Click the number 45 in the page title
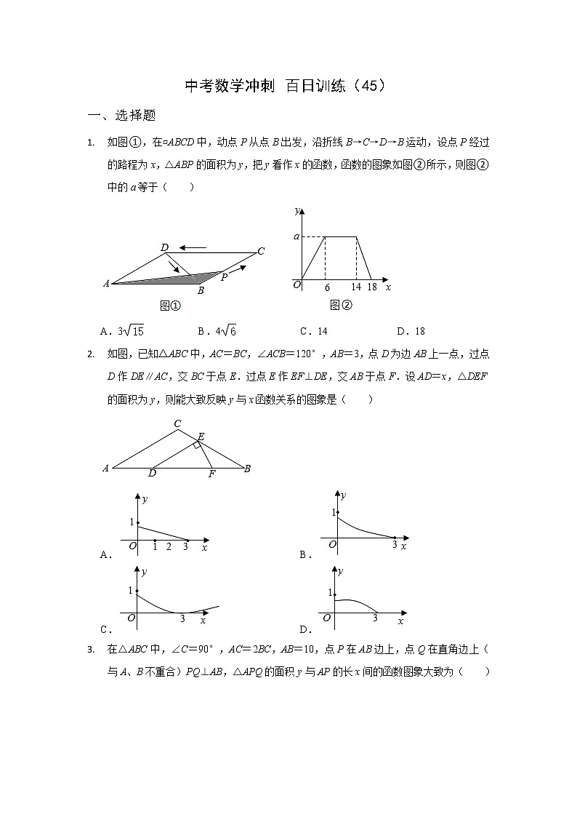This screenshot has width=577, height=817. tap(369, 86)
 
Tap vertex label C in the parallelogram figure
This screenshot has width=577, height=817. tap(260, 252)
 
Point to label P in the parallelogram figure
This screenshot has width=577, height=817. tap(225, 277)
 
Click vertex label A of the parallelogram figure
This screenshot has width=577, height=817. tap(106, 284)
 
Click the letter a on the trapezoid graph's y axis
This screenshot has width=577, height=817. tap(296, 236)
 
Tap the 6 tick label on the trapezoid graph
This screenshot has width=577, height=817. tap(327, 287)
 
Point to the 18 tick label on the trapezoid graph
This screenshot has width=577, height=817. tap(372, 287)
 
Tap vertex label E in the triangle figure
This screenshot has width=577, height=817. tap(201, 437)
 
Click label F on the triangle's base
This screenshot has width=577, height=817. tap(211, 474)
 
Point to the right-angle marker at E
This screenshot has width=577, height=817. tap(197, 445)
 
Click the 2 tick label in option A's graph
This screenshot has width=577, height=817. tap(169, 546)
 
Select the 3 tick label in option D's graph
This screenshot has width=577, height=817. tap(375, 618)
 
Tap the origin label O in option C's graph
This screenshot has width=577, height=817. tap(132, 618)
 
